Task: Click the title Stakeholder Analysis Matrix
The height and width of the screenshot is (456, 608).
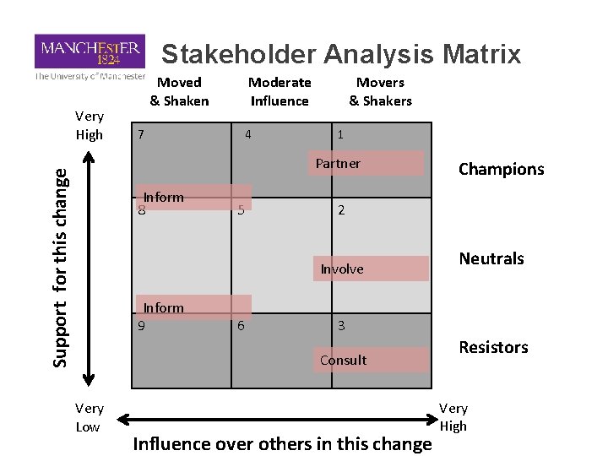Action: coord(341,55)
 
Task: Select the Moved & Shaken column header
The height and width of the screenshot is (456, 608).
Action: coord(180,91)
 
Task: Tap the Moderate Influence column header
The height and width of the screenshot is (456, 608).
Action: coord(280,91)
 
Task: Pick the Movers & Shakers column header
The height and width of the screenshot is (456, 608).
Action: coord(380,91)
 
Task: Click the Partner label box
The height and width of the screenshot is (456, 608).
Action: coord(369,163)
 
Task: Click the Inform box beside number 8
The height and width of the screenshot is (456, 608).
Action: coord(195,197)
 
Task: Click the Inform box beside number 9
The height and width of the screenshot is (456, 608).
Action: coord(195,307)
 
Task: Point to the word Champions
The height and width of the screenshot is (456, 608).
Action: coord(502,169)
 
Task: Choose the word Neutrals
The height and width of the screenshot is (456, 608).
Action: coord(491,258)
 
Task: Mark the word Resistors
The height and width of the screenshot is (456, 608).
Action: coord(493,346)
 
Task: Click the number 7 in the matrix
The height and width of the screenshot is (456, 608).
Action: coord(141,134)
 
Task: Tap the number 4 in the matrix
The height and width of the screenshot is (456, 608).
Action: coord(247,134)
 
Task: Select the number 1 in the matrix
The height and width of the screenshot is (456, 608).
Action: coord(339,134)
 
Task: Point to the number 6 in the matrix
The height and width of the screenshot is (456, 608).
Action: coord(242,325)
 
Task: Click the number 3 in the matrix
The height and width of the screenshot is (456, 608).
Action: coord(341,325)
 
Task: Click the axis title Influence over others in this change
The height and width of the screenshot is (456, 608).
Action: coord(283,443)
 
